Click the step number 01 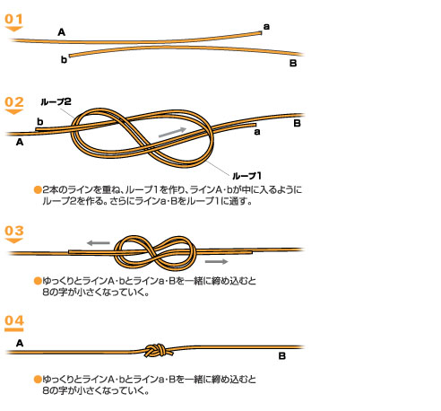(x=13, y=19)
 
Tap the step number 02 (x=14, y=101)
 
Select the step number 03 (x=14, y=231)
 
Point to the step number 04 (x=14, y=320)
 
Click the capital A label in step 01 (x=61, y=32)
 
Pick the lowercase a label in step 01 (x=266, y=27)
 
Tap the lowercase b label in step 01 (x=64, y=59)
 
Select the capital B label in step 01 (x=293, y=63)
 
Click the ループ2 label (x=56, y=101)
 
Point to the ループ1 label (x=246, y=176)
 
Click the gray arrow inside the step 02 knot (x=172, y=132)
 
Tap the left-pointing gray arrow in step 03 (x=99, y=243)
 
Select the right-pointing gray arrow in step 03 (x=217, y=262)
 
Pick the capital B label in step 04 (x=282, y=356)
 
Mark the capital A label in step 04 (x=20, y=343)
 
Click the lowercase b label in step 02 (x=39, y=121)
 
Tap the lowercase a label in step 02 (x=257, y=132)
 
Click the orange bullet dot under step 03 (x=38, y=281)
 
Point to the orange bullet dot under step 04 (x=38, y=380)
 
